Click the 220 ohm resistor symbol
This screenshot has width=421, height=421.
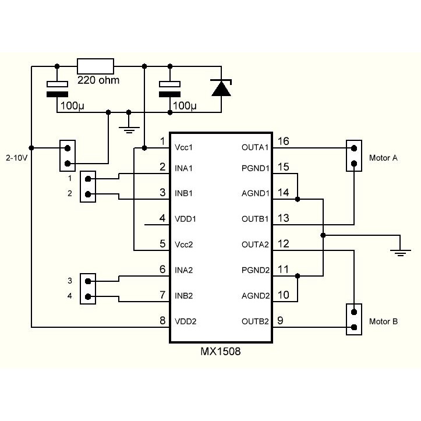point(95,65)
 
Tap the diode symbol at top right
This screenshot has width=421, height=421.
point(221,88)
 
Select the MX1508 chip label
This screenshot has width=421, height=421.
point(220,352)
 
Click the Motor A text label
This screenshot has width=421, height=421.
point(383,158)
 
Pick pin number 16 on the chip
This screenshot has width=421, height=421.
point(284,141)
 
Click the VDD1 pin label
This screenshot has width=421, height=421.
point(186,220)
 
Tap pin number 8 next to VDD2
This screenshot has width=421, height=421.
point(162,320)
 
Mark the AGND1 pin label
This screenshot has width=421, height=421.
point(255,193)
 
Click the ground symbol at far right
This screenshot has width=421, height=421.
point(399,250)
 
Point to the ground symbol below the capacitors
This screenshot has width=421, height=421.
point(128,128)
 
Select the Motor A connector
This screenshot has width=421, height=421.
point(353,155)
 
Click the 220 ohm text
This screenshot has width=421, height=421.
point(98,80)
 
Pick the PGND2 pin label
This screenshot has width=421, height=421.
point(255,270)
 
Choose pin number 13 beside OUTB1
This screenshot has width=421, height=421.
point(284,218)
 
